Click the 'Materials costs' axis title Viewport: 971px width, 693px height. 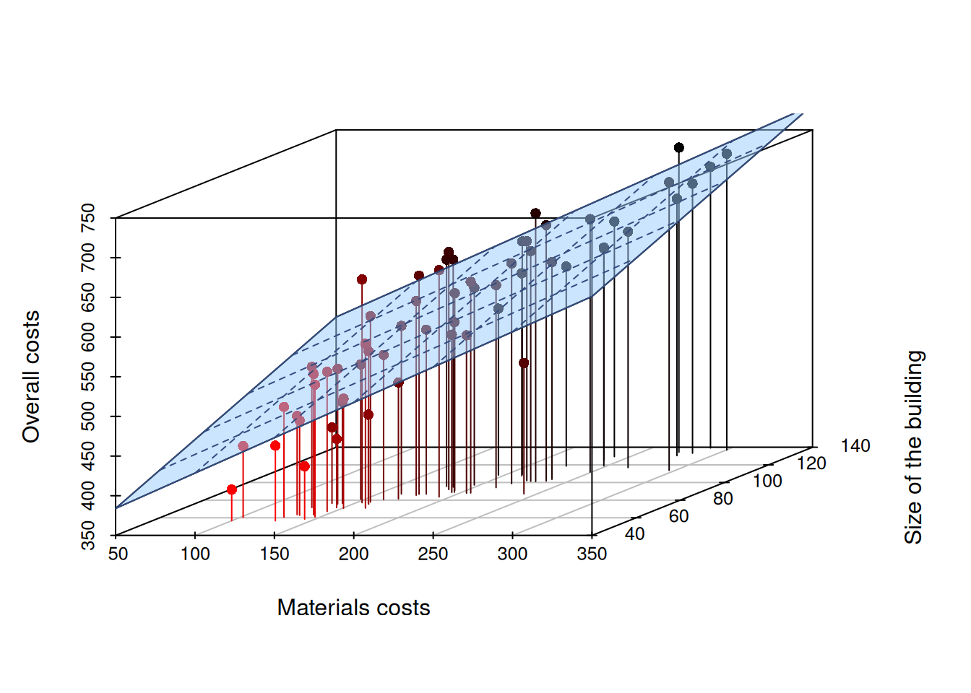pyautogui.click(x=353, y=608)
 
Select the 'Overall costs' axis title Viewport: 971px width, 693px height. pyautogui.click(x=31, y=376)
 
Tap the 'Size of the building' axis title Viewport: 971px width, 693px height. pyautogui.click(x=914, y=447)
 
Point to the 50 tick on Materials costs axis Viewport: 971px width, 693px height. pyautogui.click(x=118, y=554)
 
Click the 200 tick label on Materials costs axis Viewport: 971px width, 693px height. pyautogui.click(x=353, y=554)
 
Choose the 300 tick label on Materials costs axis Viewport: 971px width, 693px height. pyautogui.click(x=512, y=554)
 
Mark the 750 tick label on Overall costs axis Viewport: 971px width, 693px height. pyautogui.click(x=87, y=218)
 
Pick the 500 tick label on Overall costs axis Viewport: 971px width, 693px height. pyautogui.click(x=87, y=417)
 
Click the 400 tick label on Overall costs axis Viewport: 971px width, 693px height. pyautogui.click(x=87, y=496)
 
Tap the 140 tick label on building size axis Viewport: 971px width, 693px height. pyautogui.click(x=855, y=446)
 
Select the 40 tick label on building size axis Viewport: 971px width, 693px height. pyautogui.click(x=634, y=534)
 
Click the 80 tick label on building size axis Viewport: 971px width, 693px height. pyautogui.click(x=722, y=499)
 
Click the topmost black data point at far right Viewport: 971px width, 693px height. pyautogui.click(x=678, y=148)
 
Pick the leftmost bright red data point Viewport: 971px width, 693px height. pyautogui.click(x=232, y=489)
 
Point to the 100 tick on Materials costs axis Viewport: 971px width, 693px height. pyautogui.click(x=195, y=554)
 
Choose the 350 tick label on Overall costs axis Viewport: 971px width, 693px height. pyautogui.click(x=87, y=536)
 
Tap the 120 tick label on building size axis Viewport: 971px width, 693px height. pyautogui.click(x=811, y=463)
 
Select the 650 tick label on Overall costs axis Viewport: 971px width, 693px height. pyautogui.click(x=87, y=297)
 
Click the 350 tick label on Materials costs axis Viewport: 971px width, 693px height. pyautogui.click(x=592, y=554)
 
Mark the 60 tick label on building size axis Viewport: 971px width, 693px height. pyautogui.click(x=678, y=516)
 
